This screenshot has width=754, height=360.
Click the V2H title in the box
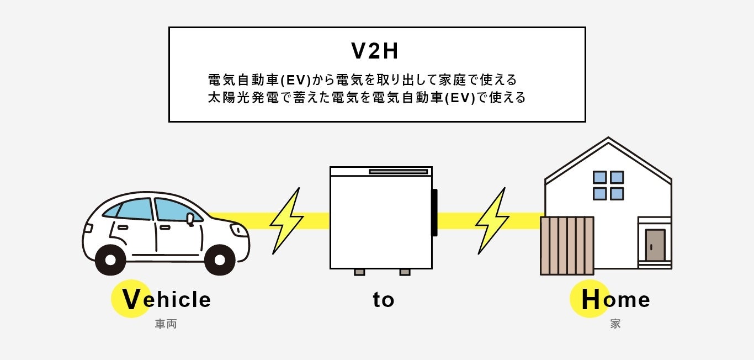point(375,51)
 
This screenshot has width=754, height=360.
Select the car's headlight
point(239,230)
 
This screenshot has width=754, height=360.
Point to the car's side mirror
point(190,219)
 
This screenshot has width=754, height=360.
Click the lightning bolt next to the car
point(286,220)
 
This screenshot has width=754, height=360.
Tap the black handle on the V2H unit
point(434,213)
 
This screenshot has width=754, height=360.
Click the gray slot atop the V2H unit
point(398,172)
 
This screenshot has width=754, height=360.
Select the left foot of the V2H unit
point(359,272)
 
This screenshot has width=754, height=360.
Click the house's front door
point(655,245)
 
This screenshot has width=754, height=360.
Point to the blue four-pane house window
point(608,186)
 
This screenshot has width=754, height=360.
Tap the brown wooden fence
point(567,245)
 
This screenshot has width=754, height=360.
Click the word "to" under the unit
point(383,300)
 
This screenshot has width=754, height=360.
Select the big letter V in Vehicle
point(131,300)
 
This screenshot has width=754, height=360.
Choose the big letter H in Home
point(590,300)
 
